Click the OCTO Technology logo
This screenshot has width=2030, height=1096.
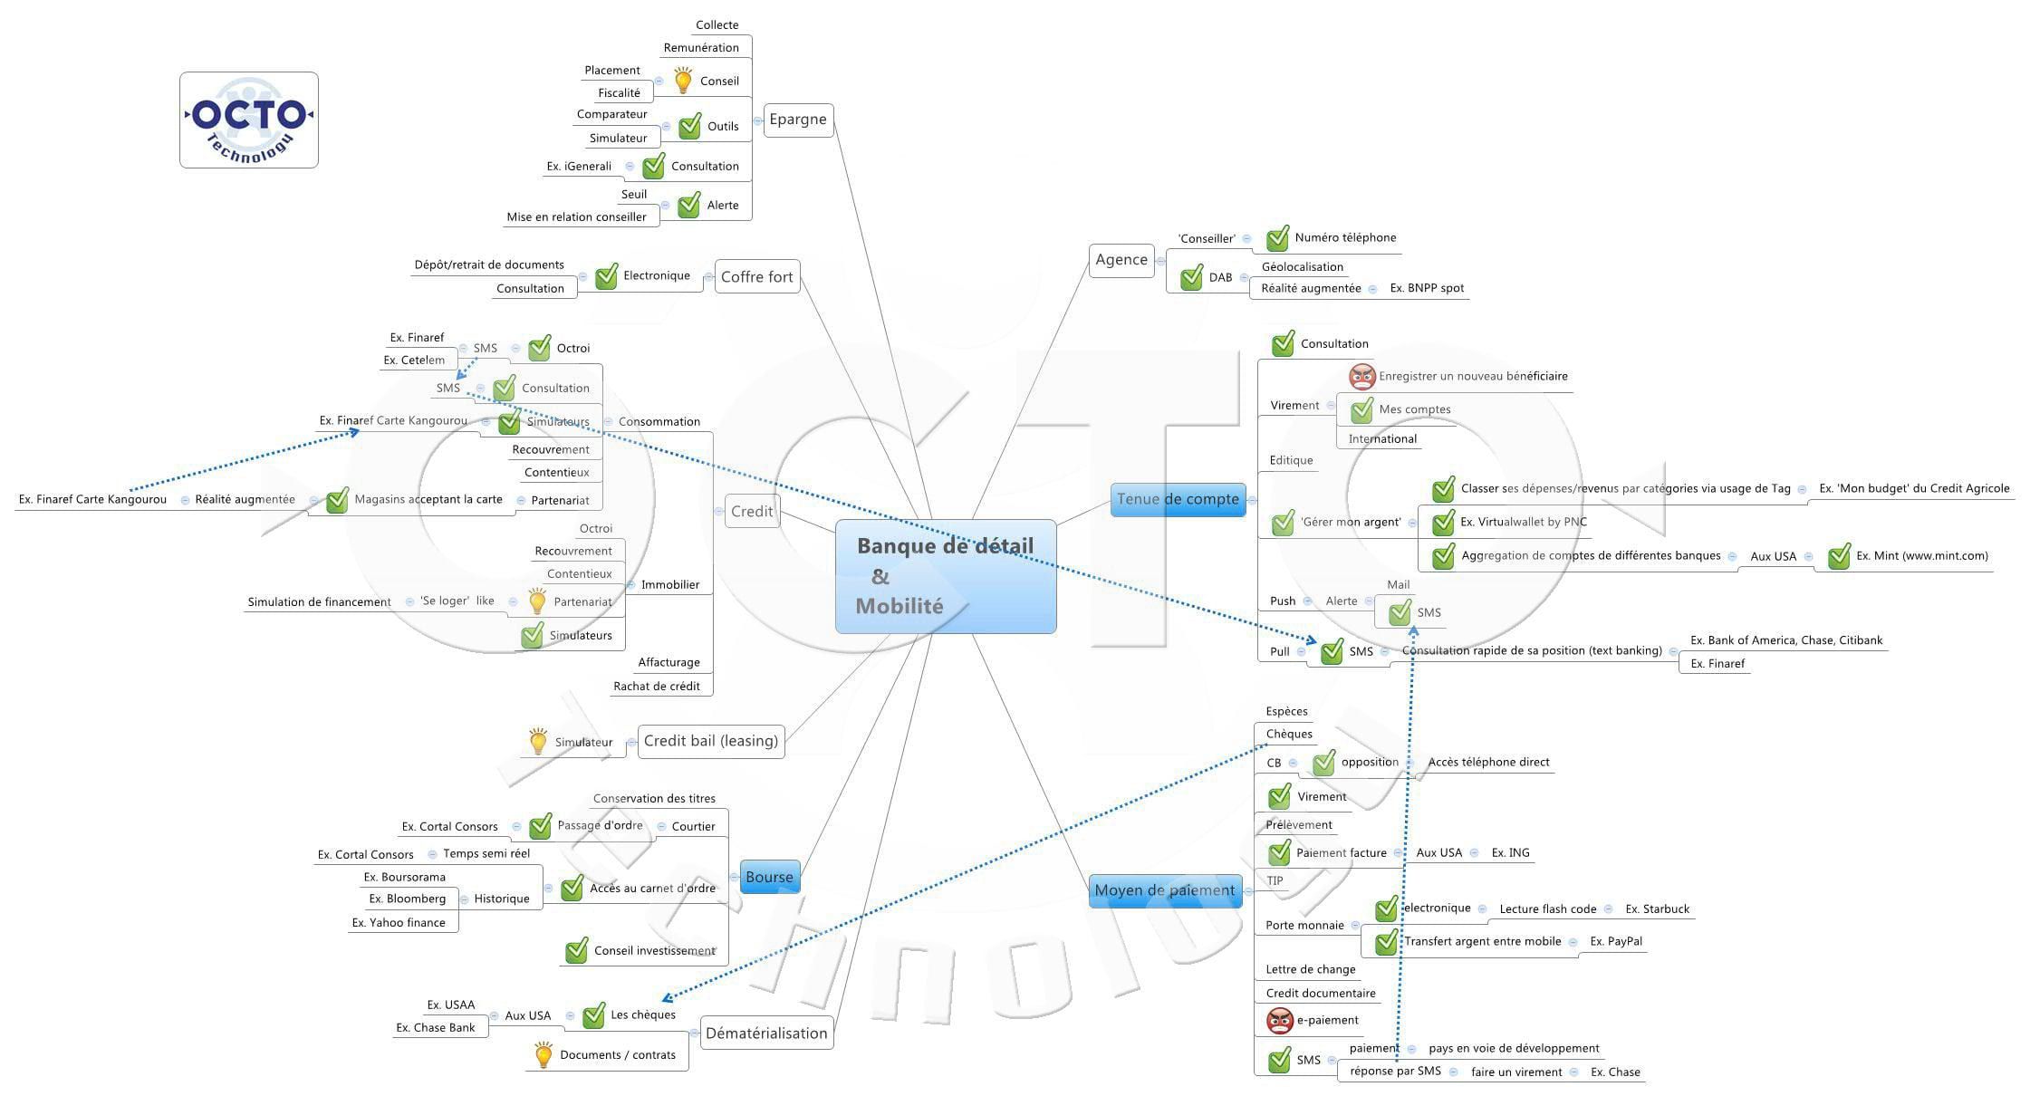point(249,120)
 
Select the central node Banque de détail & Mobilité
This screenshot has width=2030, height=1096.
point(945,576)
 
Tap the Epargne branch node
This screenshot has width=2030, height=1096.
point(797,120)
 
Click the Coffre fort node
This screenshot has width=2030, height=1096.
point(756,277)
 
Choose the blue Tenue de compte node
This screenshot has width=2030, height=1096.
point(1178,499)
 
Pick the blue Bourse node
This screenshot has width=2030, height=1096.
point(769,877)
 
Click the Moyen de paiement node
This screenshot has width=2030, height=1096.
point(1164,890)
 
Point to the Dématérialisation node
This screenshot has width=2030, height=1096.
point(766,1034)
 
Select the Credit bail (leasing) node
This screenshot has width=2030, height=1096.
point(711,741)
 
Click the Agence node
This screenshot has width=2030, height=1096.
point(1121,260)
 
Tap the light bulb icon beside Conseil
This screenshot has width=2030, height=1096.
point(684,81)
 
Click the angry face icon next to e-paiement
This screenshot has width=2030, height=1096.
point(1280,1021)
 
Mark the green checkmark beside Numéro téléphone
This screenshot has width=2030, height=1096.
point(1277,238)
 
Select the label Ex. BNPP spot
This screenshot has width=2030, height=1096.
point(1427,288)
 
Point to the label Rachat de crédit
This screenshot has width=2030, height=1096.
point(657,687)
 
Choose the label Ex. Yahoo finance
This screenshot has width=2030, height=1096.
point(399,923)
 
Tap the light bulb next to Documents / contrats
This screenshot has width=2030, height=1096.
point(543,1054)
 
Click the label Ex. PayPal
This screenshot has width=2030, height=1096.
point(1616,941)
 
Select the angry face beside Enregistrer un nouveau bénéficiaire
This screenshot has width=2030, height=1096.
point(1361,377)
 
